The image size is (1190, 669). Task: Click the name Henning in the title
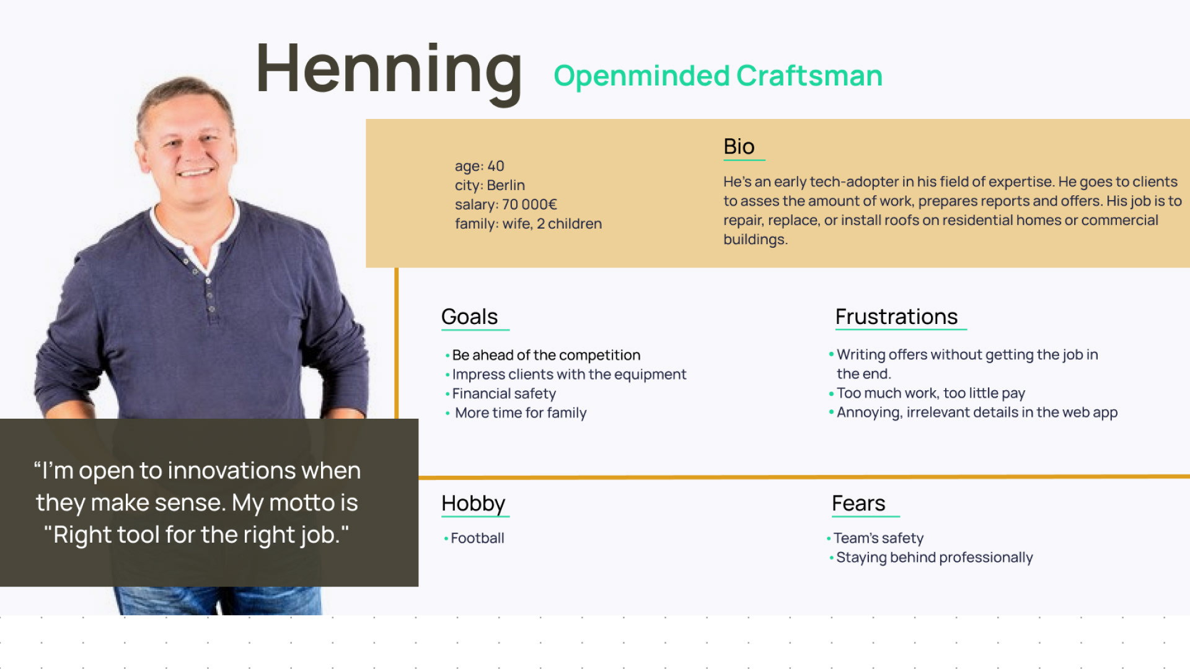(389, 70)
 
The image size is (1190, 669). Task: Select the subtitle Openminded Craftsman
(718, 76)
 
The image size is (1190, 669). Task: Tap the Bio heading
(739, 146)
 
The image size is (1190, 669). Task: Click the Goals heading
(469, 317)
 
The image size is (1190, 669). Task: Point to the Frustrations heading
(896, 317)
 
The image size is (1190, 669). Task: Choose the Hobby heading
(473, 504)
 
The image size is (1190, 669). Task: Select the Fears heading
(858, 503)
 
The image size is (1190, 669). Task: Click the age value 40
(496, 166)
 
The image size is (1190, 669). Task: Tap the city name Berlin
(506, 185)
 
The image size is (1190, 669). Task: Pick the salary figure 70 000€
(529, 204)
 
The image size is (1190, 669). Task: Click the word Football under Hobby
(477, 538)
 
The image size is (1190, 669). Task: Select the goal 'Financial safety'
(504, 394)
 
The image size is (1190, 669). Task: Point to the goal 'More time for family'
(521, 413)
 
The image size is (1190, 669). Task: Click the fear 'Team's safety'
(878, 538)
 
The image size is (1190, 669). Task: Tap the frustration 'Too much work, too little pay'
(931, 393)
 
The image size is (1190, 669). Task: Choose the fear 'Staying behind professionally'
(935, 557)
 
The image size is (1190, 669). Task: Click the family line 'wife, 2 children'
(552, 224)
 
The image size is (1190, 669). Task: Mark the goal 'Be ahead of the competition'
(546, 356)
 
